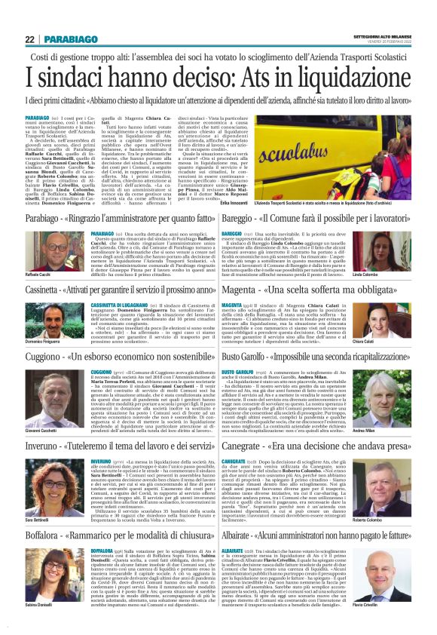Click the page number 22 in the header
coord(29,38)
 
